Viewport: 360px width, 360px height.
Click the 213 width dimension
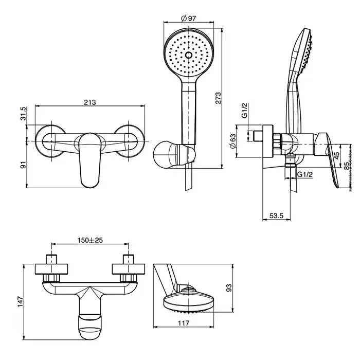(89, 102)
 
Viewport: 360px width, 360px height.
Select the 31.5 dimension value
(22, 113)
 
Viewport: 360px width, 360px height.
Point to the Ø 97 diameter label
(189, 19)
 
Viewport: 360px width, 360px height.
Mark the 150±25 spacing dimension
(89, 240)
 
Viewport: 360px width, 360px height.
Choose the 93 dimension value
(228, 287)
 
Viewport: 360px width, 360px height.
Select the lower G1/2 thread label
(306, 175)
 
